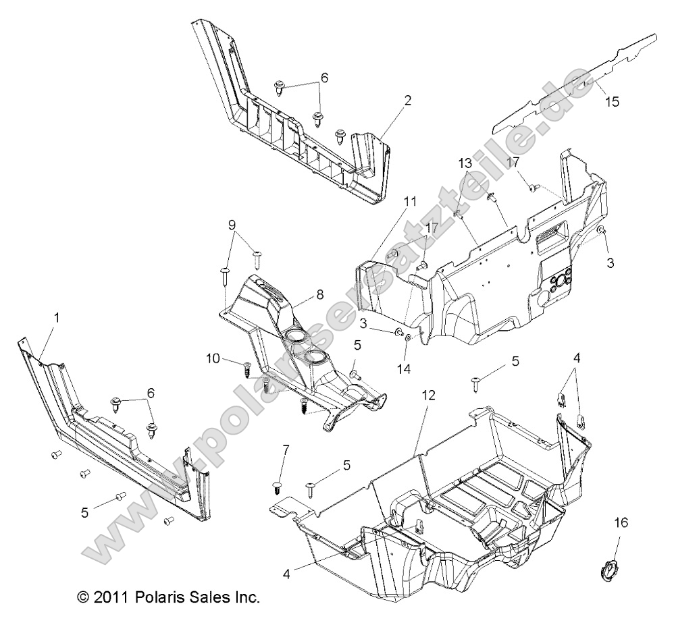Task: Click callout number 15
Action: (x=612, y=103)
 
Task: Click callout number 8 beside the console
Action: (x=300, y=295)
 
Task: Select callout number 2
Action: (x=407, y=101)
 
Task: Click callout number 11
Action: (x=410, y=201)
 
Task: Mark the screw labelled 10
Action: (x=247, y=367)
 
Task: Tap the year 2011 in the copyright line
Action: (x=111, y=597)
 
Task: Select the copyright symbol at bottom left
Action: (x=83, y=597)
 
